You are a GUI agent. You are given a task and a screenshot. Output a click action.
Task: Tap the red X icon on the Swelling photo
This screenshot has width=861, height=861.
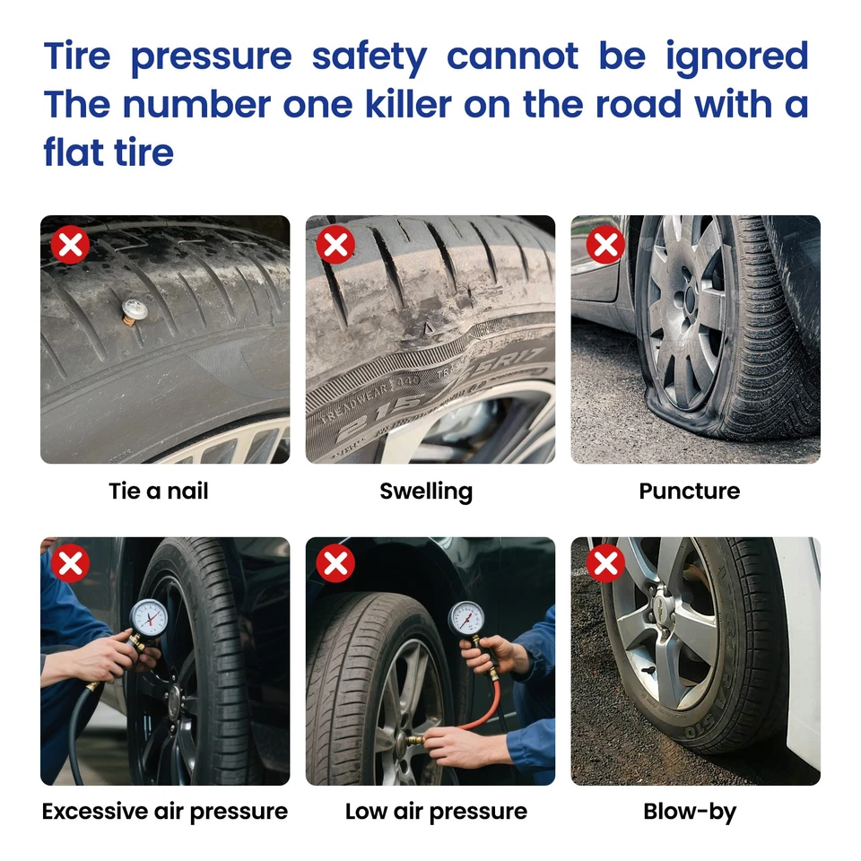point(335,245)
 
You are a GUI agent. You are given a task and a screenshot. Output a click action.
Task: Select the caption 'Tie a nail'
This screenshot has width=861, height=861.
point(159,491)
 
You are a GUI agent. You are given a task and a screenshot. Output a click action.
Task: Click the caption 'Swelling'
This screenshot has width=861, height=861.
point(426,491)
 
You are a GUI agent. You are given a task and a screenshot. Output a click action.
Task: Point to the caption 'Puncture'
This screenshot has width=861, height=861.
point(690,491)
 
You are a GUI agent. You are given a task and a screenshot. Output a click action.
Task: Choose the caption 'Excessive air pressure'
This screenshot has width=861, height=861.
point(165,812)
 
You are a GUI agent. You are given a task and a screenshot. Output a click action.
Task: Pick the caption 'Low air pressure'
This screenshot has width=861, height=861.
point(436,812)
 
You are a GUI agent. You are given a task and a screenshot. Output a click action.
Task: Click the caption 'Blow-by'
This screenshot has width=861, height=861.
point(690,812)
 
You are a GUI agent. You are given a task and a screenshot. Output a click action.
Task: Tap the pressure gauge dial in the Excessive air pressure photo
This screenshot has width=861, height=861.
point(147,618)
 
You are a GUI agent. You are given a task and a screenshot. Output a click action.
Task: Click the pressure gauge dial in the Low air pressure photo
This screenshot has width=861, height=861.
point(466,618)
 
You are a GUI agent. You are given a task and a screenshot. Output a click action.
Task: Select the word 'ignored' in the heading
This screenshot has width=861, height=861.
point(737,56)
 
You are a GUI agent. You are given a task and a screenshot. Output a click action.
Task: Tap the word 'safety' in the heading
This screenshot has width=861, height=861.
point(369,57)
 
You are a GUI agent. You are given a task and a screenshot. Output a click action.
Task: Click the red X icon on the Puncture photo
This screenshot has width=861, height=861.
point(606,245)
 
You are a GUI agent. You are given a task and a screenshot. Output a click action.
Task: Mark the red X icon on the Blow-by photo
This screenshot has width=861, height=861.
point(606,564)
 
